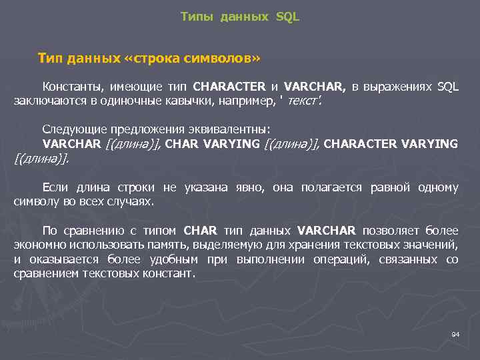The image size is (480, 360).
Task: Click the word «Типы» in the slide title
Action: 195,17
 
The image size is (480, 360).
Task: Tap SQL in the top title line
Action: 287,17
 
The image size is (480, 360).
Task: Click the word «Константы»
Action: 71,87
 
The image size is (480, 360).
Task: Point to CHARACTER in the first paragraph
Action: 229,87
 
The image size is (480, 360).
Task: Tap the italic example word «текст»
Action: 303,101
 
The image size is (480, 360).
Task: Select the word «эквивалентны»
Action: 227,129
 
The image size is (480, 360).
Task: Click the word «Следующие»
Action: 69,129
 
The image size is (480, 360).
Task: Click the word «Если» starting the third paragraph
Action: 55,187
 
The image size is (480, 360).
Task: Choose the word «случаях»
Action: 132,201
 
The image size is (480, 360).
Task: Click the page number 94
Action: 455,333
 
